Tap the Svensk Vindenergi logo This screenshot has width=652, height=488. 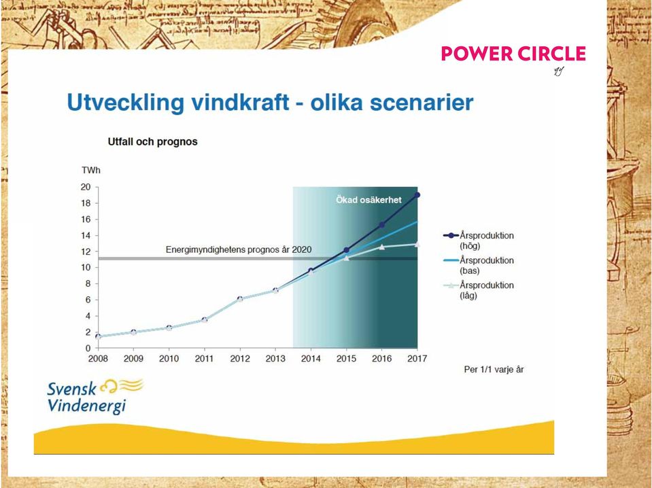[95, 396]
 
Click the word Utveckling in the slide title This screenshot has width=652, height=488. [125, 103]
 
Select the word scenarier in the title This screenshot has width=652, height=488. [422, 102]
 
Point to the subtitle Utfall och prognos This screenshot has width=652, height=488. [152, 142]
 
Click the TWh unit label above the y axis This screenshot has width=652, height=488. [91, 170]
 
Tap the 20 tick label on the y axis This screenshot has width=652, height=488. [86, 187]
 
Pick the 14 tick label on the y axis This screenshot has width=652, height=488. [86, 235]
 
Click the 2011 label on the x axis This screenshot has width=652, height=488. [204, 358]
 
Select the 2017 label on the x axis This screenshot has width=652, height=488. [417, 358]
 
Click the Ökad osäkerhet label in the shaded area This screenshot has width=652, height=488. [368, 200]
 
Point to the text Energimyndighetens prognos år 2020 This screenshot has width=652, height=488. [239, 249]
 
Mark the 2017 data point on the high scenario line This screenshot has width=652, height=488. [417, 195]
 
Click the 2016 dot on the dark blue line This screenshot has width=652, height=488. [381, 225]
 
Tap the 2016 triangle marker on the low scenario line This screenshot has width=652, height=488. [381, 247]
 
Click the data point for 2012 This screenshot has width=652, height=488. [240, 299]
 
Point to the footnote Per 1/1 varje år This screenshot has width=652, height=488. [494, 370]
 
